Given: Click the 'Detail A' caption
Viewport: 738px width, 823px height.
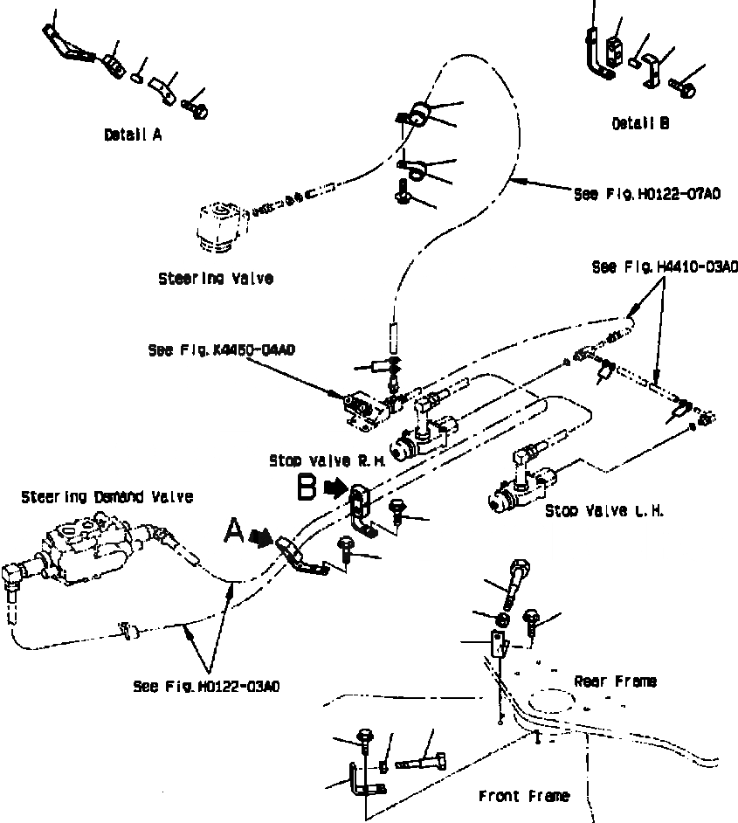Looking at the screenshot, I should (132, 135).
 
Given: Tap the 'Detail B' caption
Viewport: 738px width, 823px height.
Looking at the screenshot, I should (640, 124).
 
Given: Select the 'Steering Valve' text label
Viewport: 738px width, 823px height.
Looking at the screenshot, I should (216, 279).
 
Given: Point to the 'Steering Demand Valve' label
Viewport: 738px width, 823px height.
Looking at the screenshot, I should (107, 496).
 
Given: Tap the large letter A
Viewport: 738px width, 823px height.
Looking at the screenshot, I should (235, 529).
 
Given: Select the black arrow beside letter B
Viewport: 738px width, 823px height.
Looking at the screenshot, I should (335, 490).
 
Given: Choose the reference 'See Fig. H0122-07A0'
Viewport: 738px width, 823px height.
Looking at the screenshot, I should (646, 194).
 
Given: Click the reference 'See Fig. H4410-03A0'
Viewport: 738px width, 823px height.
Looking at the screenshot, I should (665, 266).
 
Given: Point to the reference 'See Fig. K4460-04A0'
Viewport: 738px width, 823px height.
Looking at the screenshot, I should (221, 350).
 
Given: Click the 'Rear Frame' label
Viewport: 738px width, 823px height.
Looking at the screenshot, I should (615, 681).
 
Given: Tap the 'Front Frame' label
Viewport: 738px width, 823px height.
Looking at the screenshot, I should (524, 796).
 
